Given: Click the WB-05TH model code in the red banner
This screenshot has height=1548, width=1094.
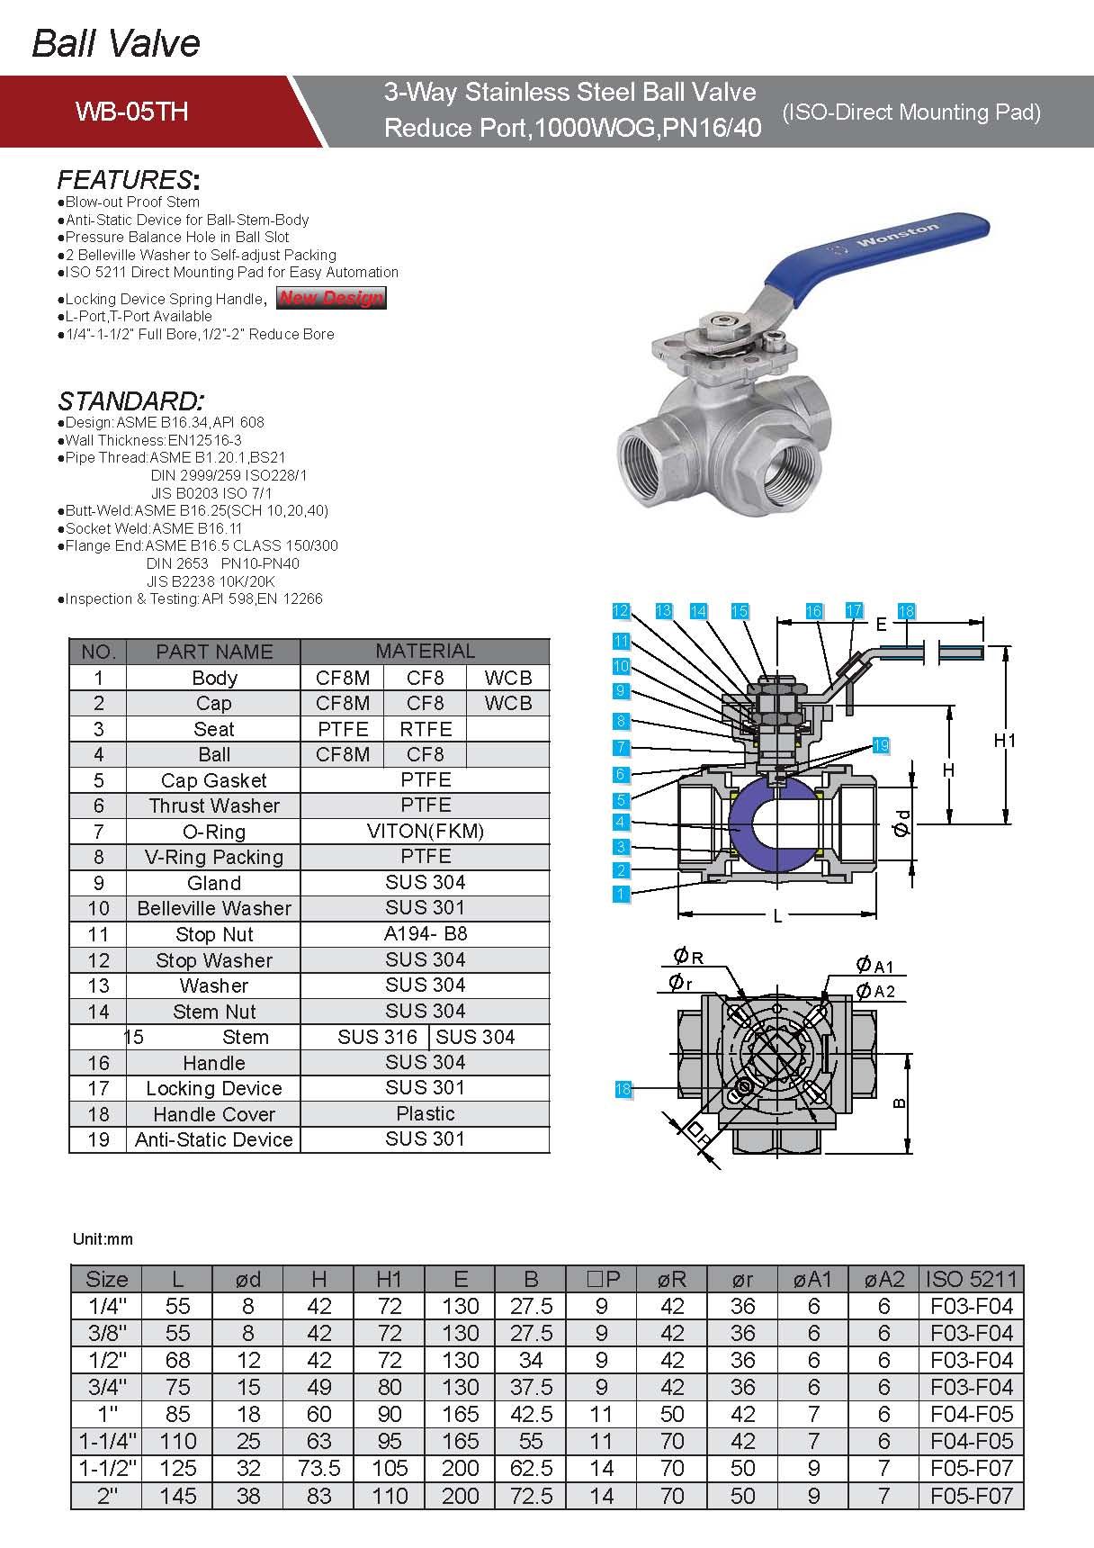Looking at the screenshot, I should coord(131,112).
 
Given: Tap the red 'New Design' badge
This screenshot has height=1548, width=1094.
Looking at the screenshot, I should coord(331,298).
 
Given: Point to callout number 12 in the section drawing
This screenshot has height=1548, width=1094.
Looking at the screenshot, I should coord(620,611).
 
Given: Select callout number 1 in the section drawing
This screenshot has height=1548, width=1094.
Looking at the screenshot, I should coord(620,894).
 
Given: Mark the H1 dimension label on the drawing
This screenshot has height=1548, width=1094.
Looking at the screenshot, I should coord(1004,740).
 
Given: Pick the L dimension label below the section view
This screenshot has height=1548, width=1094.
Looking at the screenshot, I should coord(777,916).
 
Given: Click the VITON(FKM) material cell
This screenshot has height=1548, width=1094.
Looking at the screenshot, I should coord(425,831).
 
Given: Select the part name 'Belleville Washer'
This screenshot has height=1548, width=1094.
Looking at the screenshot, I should coord(213,908).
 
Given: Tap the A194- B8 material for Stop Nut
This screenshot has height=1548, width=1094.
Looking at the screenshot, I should coord(425,933).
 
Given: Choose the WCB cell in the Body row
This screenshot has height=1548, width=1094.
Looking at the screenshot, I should coord(507,678).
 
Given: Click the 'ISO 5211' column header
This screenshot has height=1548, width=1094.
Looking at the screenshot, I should coord(971,1279).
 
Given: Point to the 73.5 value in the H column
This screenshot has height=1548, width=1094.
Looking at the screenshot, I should coord(318,1468).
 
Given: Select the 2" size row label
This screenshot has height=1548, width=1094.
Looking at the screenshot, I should coord(107,1496).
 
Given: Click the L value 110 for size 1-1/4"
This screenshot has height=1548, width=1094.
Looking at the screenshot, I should coord(177,1441).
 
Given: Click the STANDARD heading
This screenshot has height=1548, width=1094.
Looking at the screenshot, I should coord(131,400).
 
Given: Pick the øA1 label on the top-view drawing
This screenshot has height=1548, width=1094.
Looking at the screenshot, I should coord(874,966).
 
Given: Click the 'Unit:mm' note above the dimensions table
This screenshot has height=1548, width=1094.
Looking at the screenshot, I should coord(103,1239).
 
